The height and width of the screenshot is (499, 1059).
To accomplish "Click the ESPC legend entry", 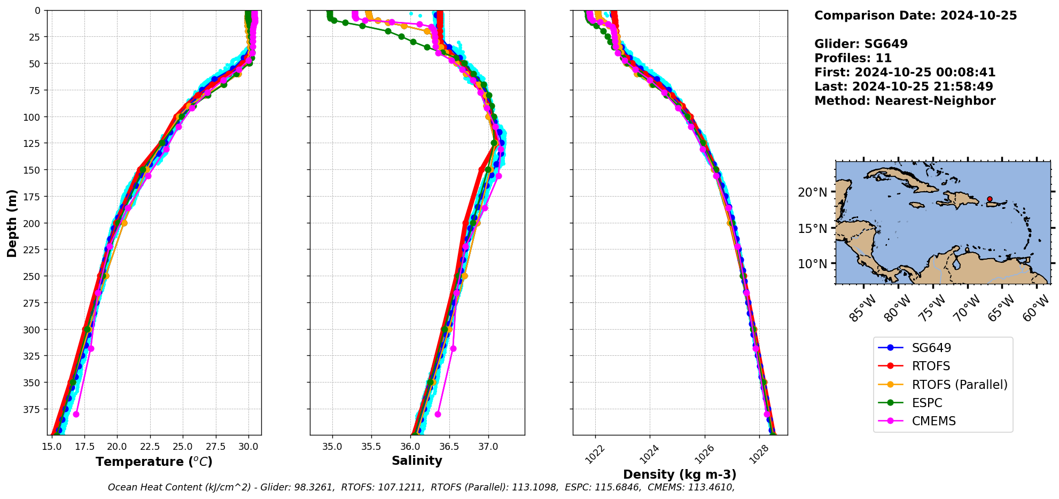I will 927,403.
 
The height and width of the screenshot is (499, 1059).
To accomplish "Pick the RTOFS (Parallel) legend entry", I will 960,385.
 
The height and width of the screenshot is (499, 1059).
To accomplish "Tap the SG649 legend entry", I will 931,348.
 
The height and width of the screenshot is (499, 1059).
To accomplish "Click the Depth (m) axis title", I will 12,223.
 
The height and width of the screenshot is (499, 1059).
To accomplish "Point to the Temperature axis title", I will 154,462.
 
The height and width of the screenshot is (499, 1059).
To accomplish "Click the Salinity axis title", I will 417,461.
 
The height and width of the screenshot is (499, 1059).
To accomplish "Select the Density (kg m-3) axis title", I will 680,474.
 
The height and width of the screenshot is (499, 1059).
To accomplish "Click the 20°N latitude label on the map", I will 812,192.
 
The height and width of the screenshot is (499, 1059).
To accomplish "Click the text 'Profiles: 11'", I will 853,58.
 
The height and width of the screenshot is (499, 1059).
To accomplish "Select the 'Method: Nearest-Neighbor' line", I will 905,101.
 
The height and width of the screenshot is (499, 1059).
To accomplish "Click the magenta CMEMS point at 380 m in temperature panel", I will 76,414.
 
